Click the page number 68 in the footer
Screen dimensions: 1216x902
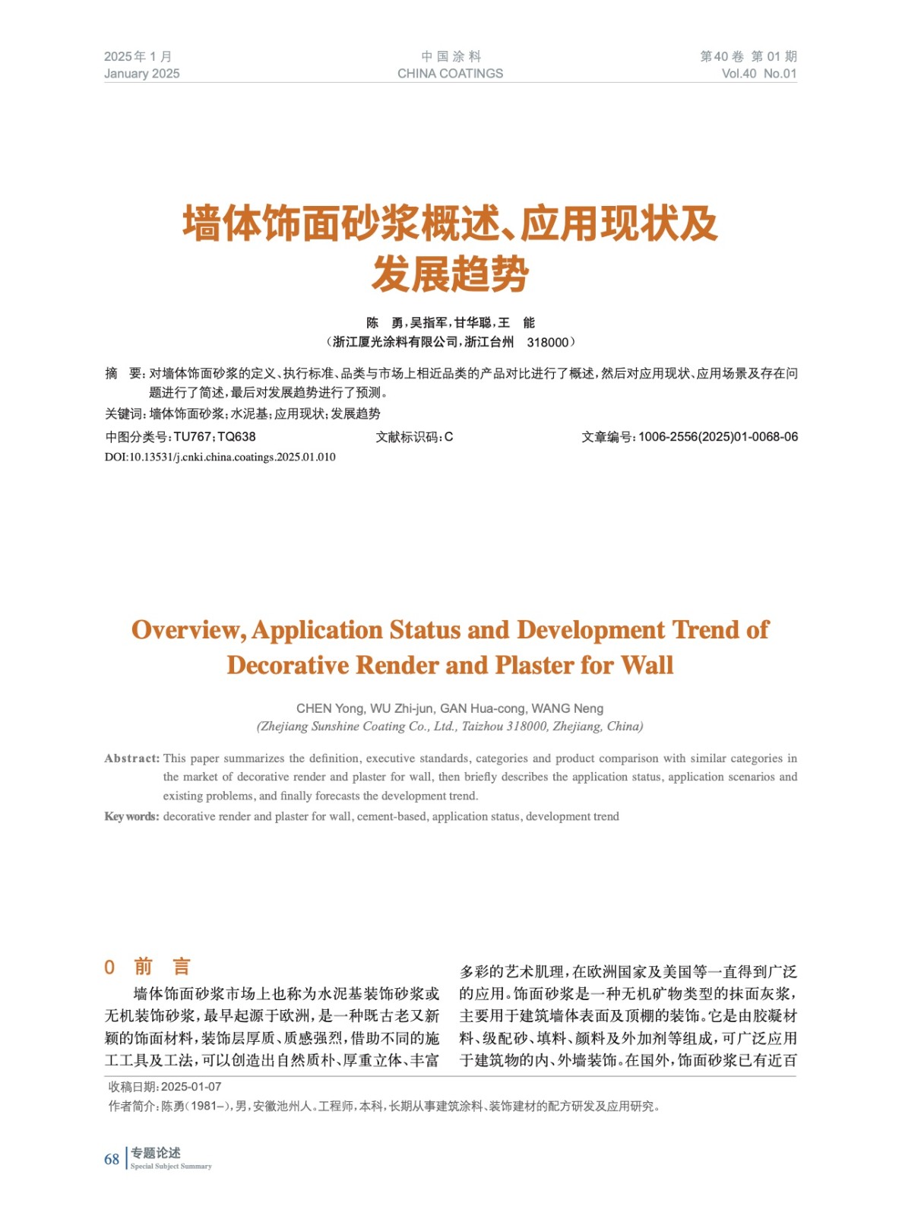click(112, 1159)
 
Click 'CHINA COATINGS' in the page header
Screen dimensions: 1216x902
click(450, 74)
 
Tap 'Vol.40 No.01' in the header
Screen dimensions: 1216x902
click(758, 74)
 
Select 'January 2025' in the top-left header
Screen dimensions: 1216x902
click(142, 74)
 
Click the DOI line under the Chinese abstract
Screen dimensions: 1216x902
click(220, 457)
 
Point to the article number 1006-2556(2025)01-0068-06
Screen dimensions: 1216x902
click(718, 437)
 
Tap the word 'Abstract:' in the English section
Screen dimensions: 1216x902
click(132, 758)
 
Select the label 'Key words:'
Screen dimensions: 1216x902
click(131, 816)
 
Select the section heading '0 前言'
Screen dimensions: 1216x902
click(147, 967)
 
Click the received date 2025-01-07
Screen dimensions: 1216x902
click(191, 1087)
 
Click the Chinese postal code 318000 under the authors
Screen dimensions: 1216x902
click(547, 343)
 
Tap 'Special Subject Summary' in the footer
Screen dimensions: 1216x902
click(171, 1167)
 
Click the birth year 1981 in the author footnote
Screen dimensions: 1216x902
click(204, 1107)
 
